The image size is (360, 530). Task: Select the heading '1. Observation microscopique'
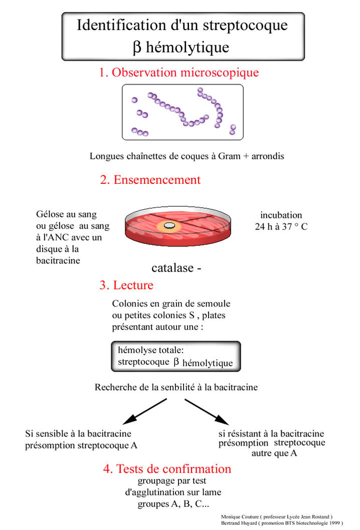(x=179, y=73)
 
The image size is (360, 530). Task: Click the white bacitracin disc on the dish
(x=170, y=226)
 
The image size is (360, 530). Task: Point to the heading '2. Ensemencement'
(x=150, y=180)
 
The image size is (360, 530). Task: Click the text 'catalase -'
(x=176, y=268)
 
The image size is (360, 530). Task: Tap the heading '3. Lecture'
(x=126, y=286)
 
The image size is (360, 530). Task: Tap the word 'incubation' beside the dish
(x=281, y=215)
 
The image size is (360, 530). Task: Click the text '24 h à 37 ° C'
(x=281, y=226)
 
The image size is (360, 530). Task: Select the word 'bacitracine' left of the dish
(x=58, y=260)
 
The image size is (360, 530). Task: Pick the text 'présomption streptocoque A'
(x=81, y=445)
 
